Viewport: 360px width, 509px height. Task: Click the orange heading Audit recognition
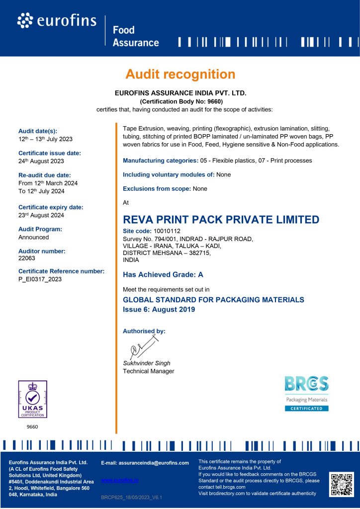point(180,75)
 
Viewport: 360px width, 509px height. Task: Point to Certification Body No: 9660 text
point(180,101)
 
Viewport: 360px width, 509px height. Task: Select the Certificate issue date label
point(50,153)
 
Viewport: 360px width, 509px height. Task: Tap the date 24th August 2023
point(41,161)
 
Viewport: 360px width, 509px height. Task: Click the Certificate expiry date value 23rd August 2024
point(41,215)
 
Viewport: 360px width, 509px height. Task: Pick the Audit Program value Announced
point(34,237)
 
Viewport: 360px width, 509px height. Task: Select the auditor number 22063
point(27,259)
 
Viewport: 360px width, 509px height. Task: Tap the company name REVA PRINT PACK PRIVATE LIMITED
point(221,220)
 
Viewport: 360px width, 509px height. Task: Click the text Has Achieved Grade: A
point(163,274)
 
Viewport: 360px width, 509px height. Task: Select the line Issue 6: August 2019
point(159,309)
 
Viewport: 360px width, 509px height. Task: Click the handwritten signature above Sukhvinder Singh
point(143,346)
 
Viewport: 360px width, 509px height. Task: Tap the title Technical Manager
point(149,371)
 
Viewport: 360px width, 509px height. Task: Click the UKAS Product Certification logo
point(32,399)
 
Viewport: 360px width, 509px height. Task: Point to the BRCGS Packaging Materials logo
point(306,393)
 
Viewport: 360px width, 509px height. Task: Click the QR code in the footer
point(341,484)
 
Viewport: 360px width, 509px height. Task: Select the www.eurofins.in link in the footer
point(119,480)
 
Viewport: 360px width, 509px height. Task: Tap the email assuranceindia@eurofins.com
point(145,463)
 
